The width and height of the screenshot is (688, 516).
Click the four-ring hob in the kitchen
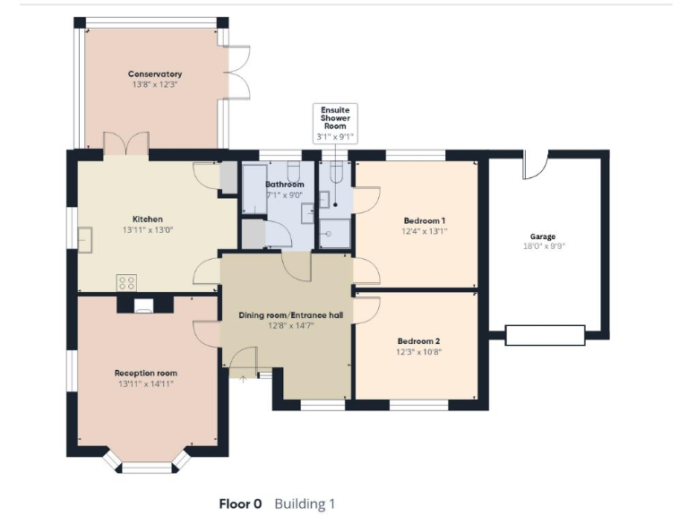(126, 282)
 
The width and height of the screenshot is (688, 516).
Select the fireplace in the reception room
(143, 305)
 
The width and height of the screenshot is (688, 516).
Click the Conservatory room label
(155, 73)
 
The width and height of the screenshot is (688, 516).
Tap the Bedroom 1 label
(425, 220)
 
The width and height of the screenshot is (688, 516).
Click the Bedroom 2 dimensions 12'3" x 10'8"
(419, 352)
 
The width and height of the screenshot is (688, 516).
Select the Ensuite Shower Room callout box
(335, 123)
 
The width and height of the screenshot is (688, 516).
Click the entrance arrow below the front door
(243, 379)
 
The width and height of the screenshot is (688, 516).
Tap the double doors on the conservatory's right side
(236, 72)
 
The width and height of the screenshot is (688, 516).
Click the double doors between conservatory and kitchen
(125, 143)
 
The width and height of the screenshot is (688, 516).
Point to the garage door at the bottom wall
(545, 335)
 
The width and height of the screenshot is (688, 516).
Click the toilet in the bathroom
(293, 172)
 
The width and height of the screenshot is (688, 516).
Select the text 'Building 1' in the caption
(305, 503)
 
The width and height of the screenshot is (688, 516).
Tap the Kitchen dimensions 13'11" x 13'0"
(148, 229)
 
